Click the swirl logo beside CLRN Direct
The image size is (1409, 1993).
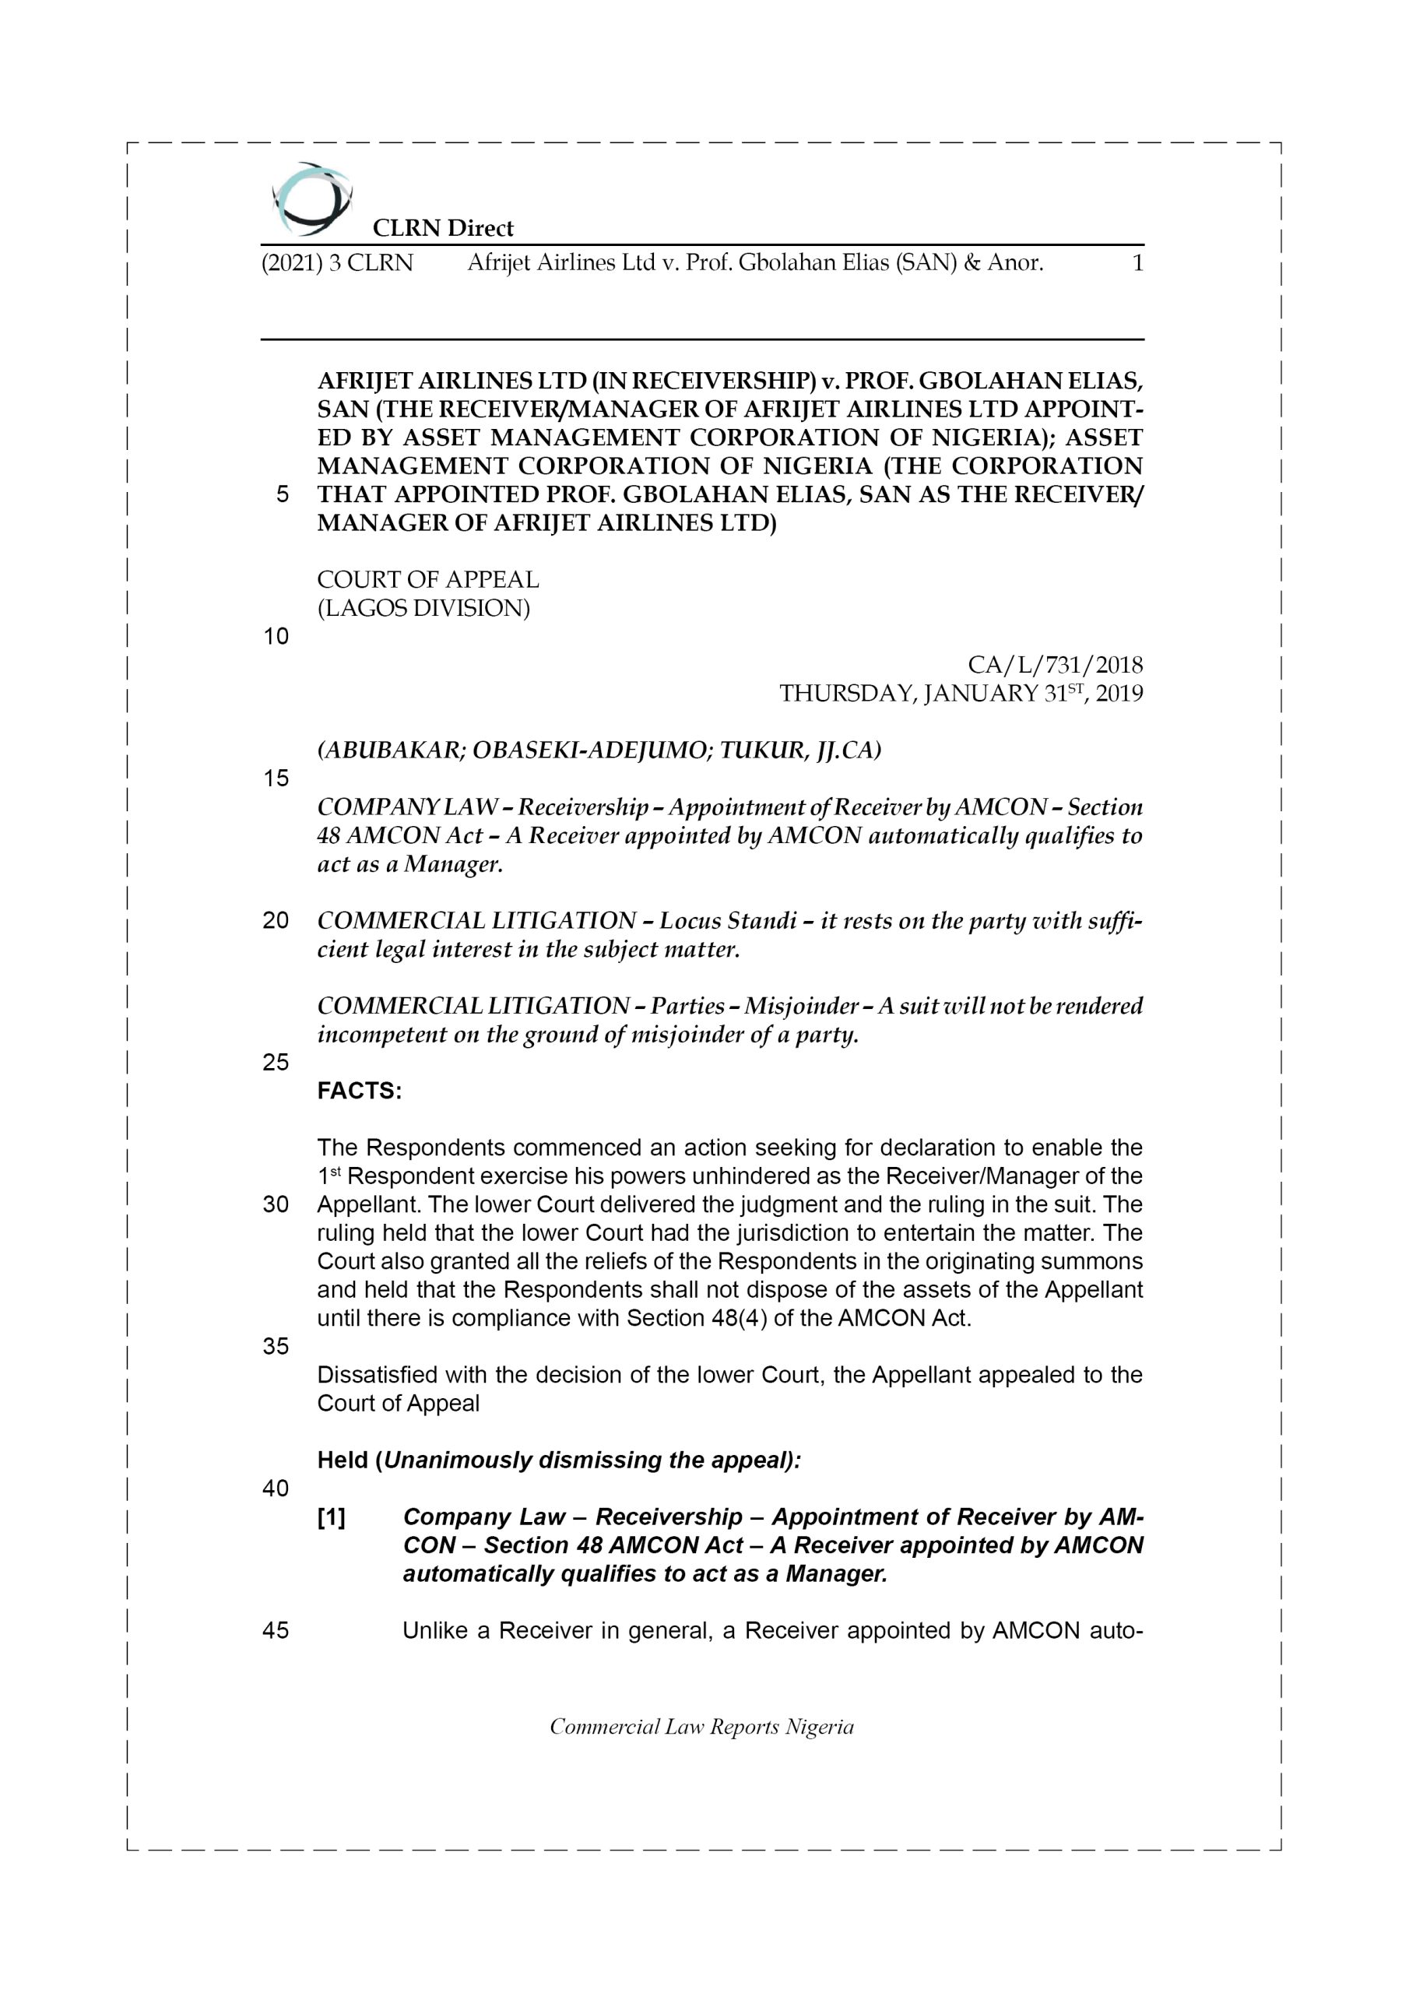311,199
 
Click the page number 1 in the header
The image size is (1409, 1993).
1137,262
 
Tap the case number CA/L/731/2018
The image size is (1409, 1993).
1055,665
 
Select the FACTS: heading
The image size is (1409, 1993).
360,1091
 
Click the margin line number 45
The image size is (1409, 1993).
276,1630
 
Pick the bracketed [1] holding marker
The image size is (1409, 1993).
332,1517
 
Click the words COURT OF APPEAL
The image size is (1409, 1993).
427,579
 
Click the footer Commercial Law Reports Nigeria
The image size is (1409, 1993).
701,1727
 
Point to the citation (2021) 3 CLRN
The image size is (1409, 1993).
337,262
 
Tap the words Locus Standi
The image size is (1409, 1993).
728,920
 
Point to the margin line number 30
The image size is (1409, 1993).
276,1205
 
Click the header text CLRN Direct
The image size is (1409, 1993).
443,228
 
